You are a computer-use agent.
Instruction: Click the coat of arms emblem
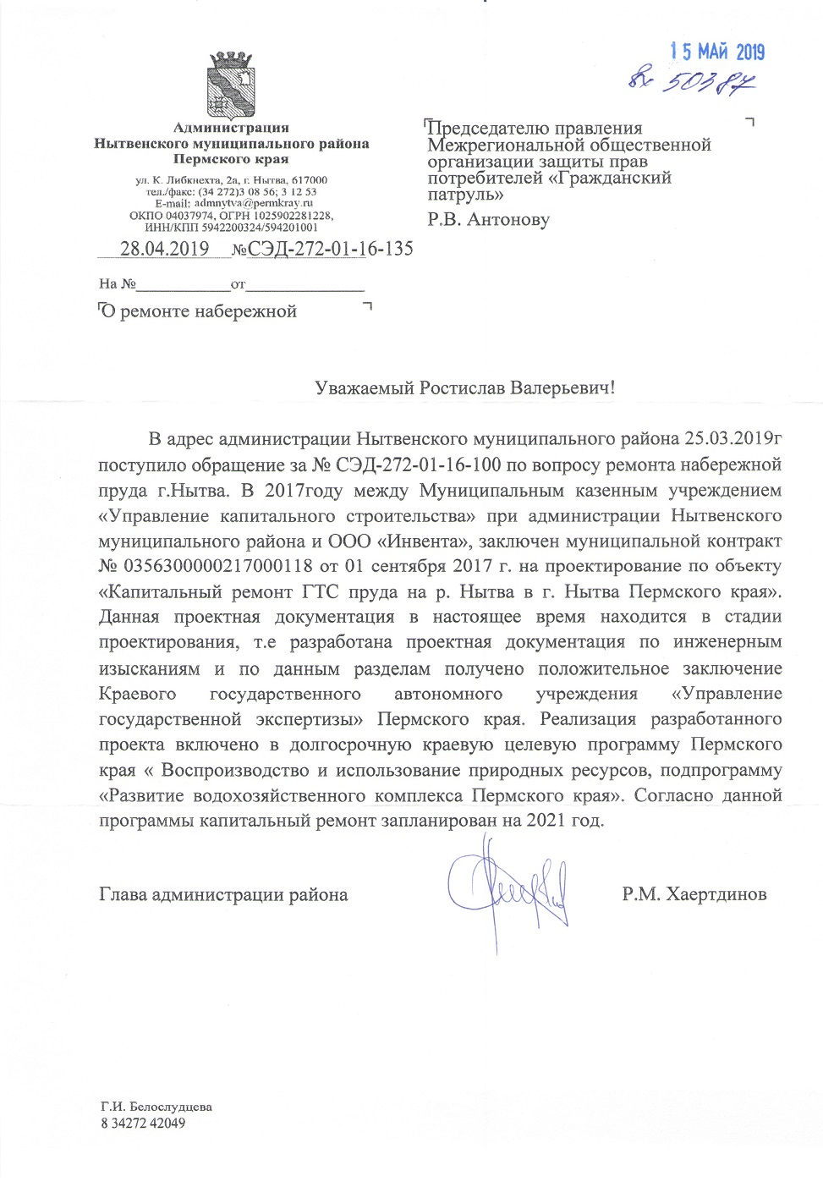[231, 85]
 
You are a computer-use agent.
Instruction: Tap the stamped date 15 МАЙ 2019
[717, 52]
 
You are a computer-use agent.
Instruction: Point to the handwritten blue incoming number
[692, 81]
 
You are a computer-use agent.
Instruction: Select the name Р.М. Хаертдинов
[694, 894]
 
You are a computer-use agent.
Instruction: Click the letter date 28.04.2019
[164, 249]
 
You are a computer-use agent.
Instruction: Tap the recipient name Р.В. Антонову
[488, 220]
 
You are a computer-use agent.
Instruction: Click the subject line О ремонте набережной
[199, 311]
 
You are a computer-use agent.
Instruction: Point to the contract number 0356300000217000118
[217, 566]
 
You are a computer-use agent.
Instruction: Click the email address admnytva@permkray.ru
[253, 203]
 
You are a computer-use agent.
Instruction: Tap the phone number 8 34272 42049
[142, 1124]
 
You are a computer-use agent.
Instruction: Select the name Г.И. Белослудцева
[156, 1107]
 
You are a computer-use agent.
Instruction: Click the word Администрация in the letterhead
[231, 128]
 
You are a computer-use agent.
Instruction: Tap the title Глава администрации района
[223, 894]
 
